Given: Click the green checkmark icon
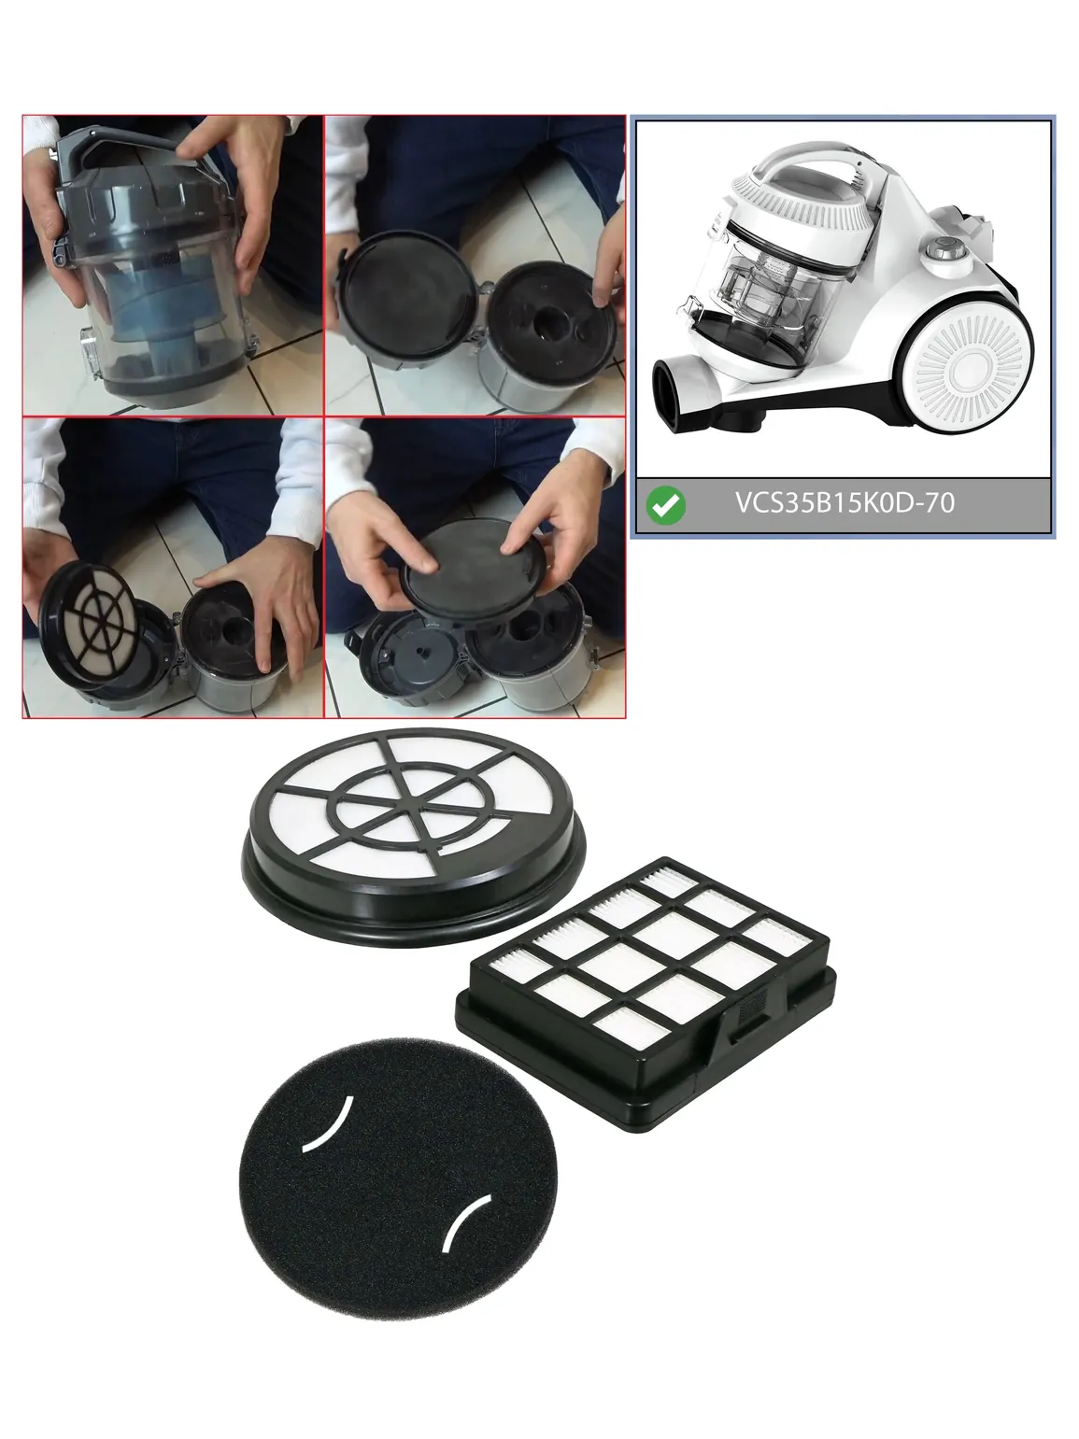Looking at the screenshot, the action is tap(666, 505).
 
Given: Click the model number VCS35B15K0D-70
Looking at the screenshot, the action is tap(845, 502).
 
